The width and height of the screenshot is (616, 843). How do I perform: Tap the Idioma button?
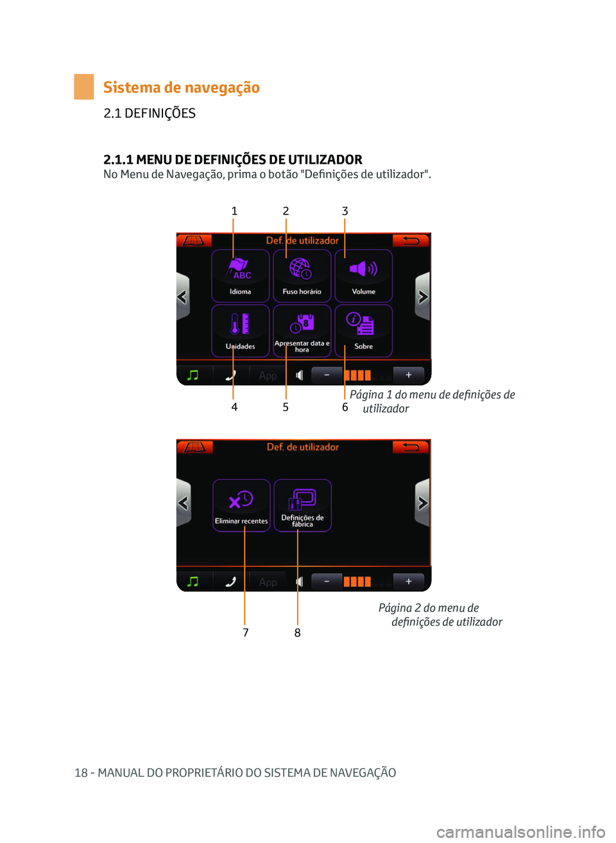pos(241,276)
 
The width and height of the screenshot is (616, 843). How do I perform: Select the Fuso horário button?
pos(302,276)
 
